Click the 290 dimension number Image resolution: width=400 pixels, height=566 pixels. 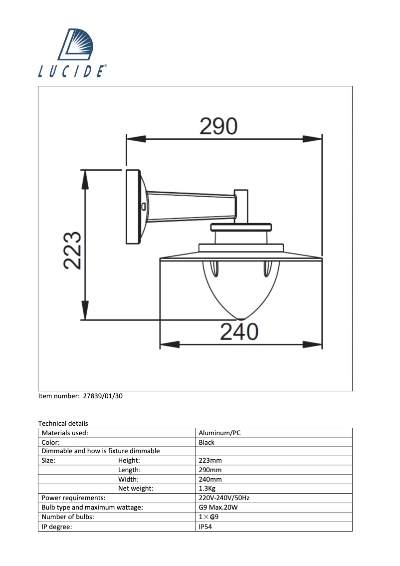(x=218, y=127)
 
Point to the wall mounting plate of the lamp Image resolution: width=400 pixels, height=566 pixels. (x=132, y=207)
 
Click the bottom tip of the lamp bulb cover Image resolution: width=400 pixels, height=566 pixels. (x=240, y=317)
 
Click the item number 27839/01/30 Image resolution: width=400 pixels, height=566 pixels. (x=102, y=396)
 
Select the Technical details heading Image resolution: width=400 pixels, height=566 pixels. (x=63, y=423)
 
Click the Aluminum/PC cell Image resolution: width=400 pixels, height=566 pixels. (x=219, y=433)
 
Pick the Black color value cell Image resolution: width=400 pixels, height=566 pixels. (x=206, y=442)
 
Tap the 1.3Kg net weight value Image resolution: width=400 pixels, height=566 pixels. (x=208, y=489)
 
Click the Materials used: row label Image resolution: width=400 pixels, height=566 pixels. (x=65, y=433)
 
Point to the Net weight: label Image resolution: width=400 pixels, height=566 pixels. (x=136, y=489)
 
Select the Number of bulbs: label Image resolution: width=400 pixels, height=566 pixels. (x=68, y=517)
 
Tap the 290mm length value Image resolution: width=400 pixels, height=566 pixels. (x=210, y=470)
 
